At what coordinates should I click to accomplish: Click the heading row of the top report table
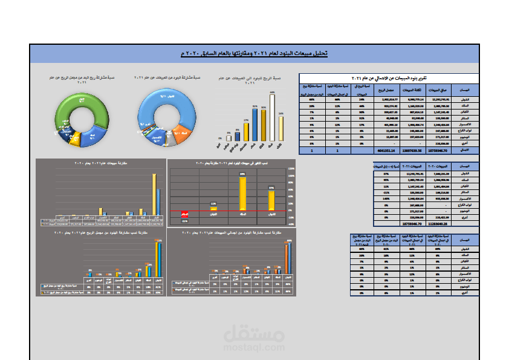(389, 79)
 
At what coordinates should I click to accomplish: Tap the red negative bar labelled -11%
(184, 214)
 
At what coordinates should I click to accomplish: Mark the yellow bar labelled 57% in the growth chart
(271, 199)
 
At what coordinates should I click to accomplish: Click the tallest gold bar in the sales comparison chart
(154, 194)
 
